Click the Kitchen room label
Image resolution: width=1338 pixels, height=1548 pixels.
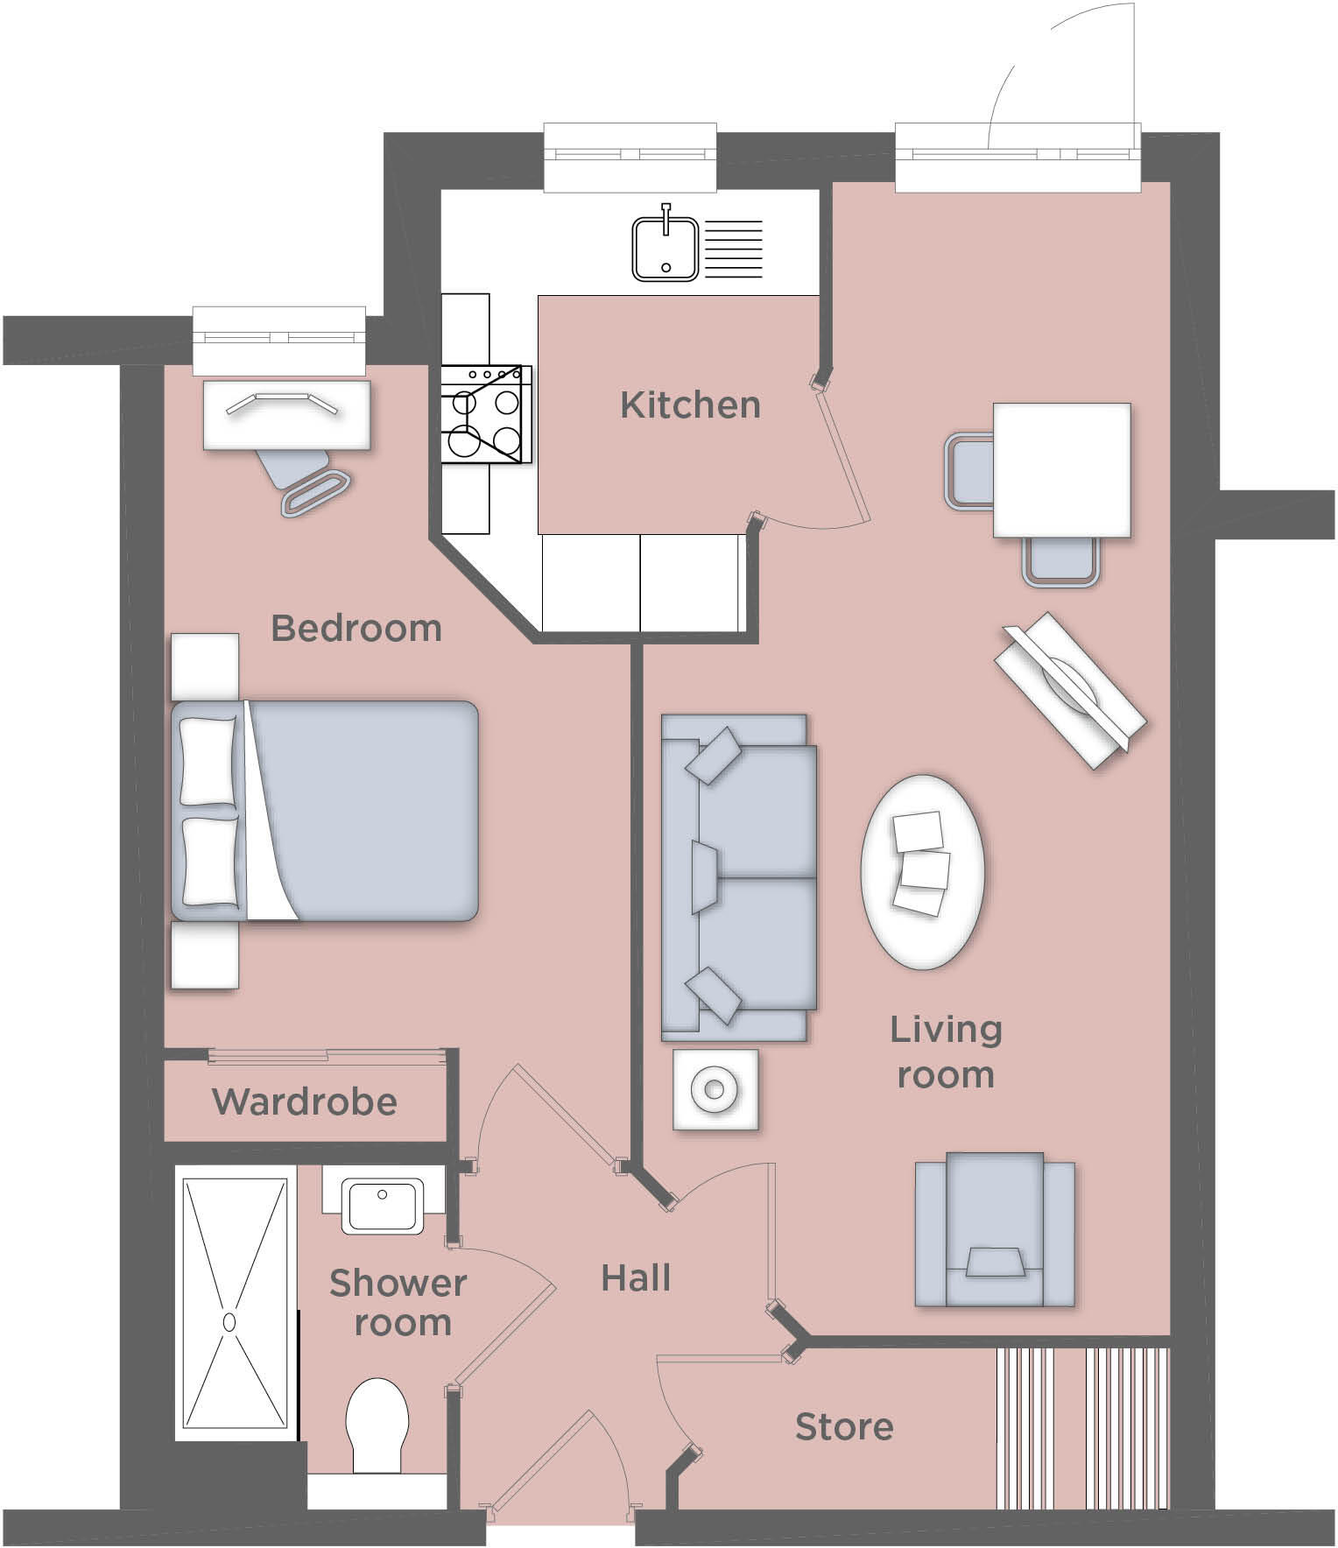pyautogui.click(x=690, y=405)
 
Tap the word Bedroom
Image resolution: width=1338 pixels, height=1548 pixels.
pyautogui.click(x=356, y=629)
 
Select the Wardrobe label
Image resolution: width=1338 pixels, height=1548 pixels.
pyautogui.click(x=304, y=1101)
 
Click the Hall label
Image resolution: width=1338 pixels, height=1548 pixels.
pyautogui.click(x=636, y=1278)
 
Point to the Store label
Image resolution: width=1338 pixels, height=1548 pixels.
pyautogui.click(x=843, y=1427)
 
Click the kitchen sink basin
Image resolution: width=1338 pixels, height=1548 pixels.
pyautogui.click(x=665, y=250)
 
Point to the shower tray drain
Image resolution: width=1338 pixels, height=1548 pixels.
pyautogui.click(x=230, y=1322)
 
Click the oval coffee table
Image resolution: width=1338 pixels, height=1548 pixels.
pyautogui.click(x=922, y=872)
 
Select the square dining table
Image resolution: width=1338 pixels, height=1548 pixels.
pyautogui.click(x=1061, y=470)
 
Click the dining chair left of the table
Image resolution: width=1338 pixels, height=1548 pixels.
pyautogui.click(x=968, y=471)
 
